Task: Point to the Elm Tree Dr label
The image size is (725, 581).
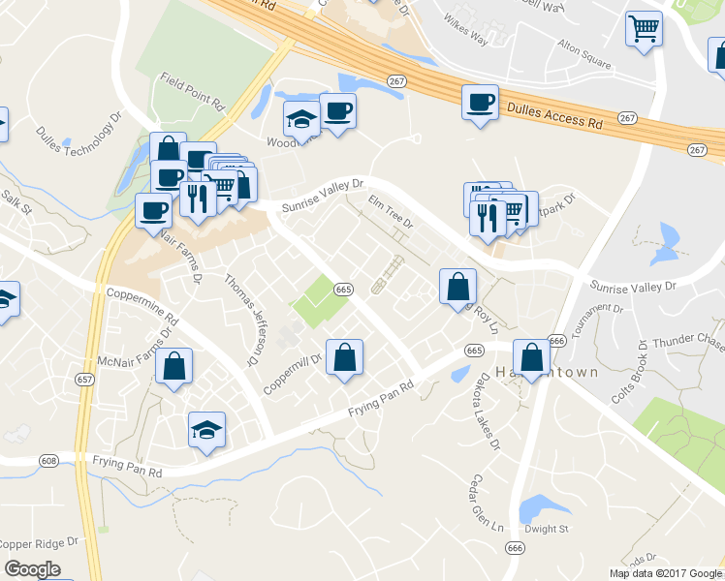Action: (391, 211)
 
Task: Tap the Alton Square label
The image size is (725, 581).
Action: (584, 54)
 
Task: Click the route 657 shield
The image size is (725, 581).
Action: (84, 381)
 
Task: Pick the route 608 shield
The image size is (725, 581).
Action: (49, 462)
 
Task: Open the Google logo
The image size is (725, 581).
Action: (32, 569)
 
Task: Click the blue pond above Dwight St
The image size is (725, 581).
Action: (536, 508)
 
